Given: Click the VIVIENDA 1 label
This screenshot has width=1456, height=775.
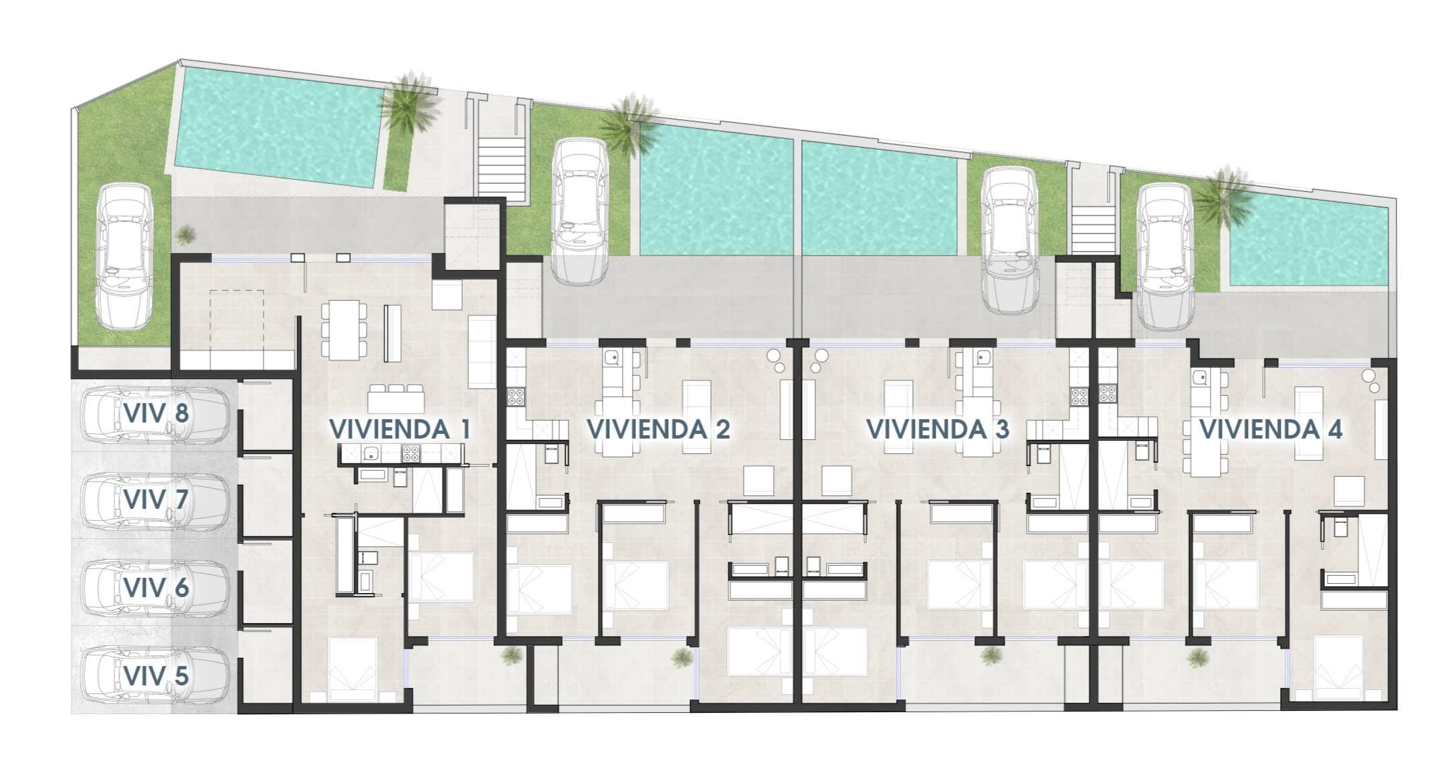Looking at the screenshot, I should click(x=400, y=430).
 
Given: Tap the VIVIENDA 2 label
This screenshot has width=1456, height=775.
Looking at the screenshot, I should click(x=658, y=430).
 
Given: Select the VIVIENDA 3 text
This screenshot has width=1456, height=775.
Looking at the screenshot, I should click(x=937, y=430).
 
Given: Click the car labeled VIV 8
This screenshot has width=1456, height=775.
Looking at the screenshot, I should click(x=155, y=415).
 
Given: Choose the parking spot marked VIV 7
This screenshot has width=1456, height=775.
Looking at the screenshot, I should click(x=155, y=500).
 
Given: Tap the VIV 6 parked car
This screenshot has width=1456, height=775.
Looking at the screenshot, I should click(x=155, y=588).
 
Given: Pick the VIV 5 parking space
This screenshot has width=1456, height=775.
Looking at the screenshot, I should click(x=155, y=676).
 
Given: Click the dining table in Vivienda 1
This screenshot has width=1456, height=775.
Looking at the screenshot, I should click(x=344, y=329).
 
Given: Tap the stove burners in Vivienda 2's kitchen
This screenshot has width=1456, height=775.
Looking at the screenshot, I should click(x=516, y=397).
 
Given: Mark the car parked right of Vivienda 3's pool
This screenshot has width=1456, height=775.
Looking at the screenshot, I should click(x=1009, y=239).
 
